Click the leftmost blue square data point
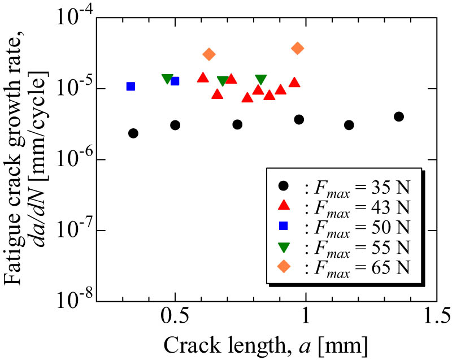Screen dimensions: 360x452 point(131,86)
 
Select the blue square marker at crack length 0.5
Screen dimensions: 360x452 point(175,81)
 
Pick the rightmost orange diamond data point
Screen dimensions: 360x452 point(298,48)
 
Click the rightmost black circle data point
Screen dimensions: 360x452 point(399,116)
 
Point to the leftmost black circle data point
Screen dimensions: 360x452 point(133,133)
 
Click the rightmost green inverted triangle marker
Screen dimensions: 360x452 point(260,80)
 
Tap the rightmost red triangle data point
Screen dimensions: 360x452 point(294,83)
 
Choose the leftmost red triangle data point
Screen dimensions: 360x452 point(203,77)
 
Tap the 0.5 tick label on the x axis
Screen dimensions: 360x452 point(175,316)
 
